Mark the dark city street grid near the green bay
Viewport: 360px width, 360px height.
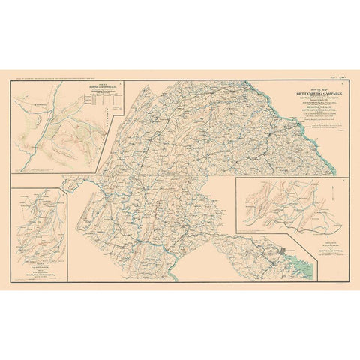click(x=283, y=251)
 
